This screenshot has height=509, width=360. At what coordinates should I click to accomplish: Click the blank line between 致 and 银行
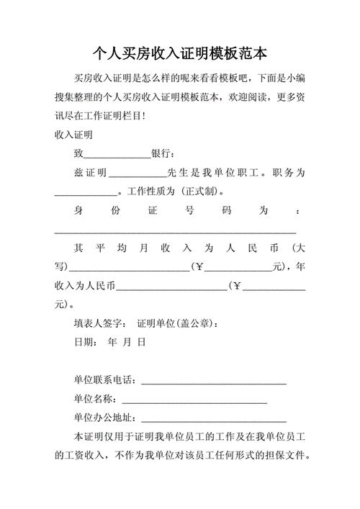click(x=117, y=154)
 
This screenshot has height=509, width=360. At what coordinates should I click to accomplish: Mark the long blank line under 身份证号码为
click(x=176, y=231)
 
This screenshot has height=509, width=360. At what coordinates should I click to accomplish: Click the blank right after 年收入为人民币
click(x=171, y=287)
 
